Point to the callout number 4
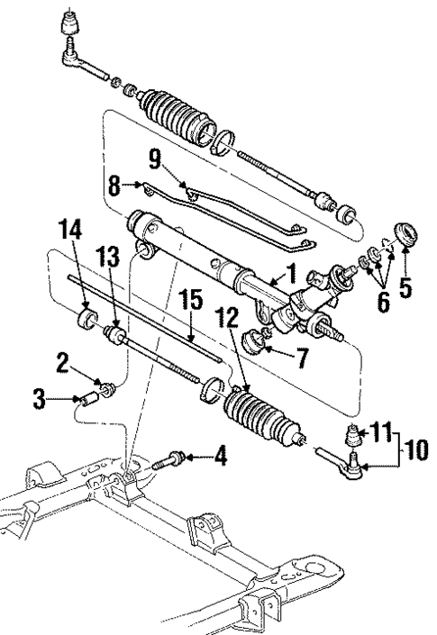coord(219,458)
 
